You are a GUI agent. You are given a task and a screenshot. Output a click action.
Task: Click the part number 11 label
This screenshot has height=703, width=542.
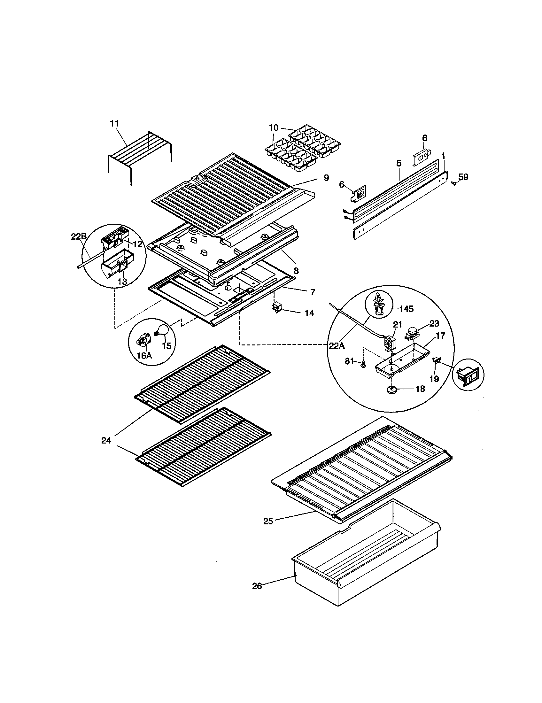pos(114,123)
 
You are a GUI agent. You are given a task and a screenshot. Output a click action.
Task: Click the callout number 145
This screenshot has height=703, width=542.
pos(406,309)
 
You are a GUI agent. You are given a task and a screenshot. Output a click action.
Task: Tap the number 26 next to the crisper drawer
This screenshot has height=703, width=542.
pos(257,586)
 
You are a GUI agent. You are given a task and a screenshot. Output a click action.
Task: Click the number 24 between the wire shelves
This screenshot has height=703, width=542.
pos(106,441)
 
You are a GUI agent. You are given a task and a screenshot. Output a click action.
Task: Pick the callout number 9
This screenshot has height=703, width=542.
pos(326,178)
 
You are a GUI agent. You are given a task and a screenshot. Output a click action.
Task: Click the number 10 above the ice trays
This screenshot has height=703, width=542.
pos(274,128)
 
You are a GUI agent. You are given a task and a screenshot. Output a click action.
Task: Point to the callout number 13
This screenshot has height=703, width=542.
pos(122,281)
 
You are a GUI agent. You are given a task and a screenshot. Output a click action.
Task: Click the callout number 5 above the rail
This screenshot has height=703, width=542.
pos(399,163)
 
